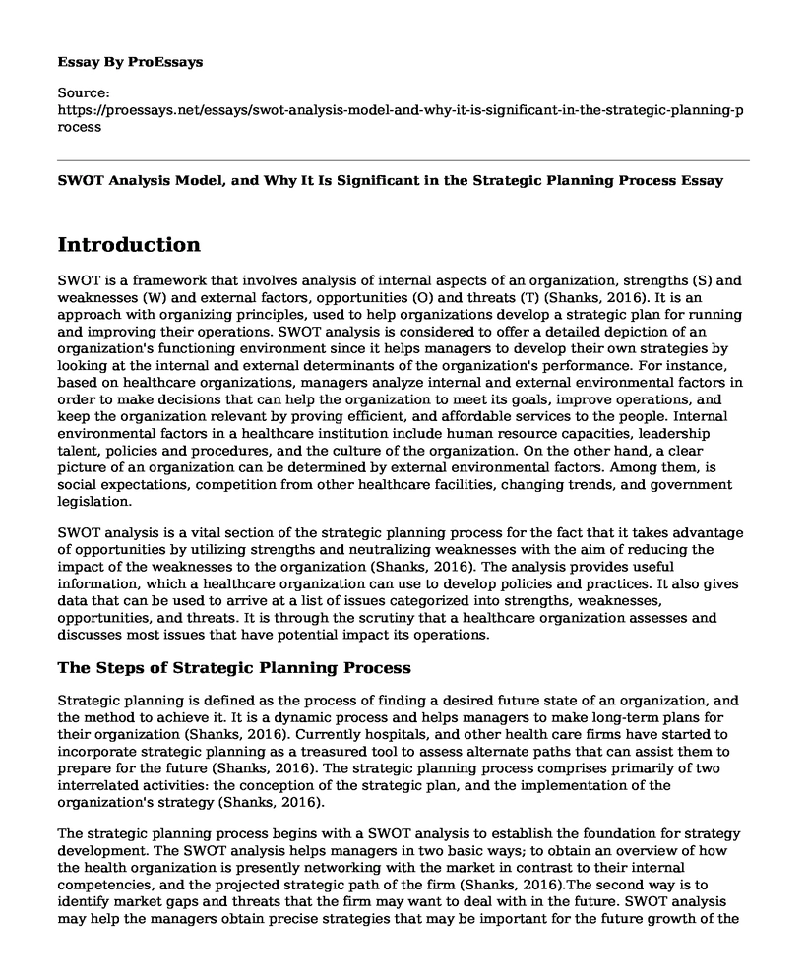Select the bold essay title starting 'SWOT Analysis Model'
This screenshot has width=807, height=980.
[391, 181]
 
